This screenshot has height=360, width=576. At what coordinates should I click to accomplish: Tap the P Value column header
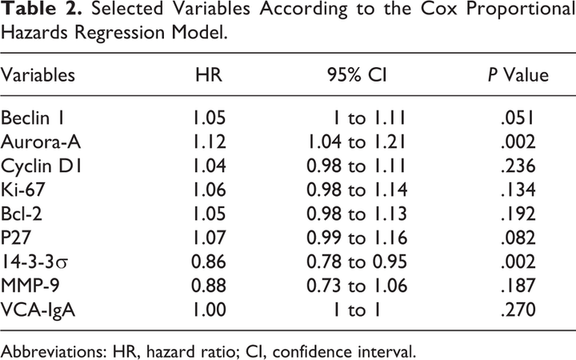pyautogui.click(x=518, y=75)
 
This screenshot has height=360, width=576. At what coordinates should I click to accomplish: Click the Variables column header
pyautogui.click(x=38, y=75)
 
